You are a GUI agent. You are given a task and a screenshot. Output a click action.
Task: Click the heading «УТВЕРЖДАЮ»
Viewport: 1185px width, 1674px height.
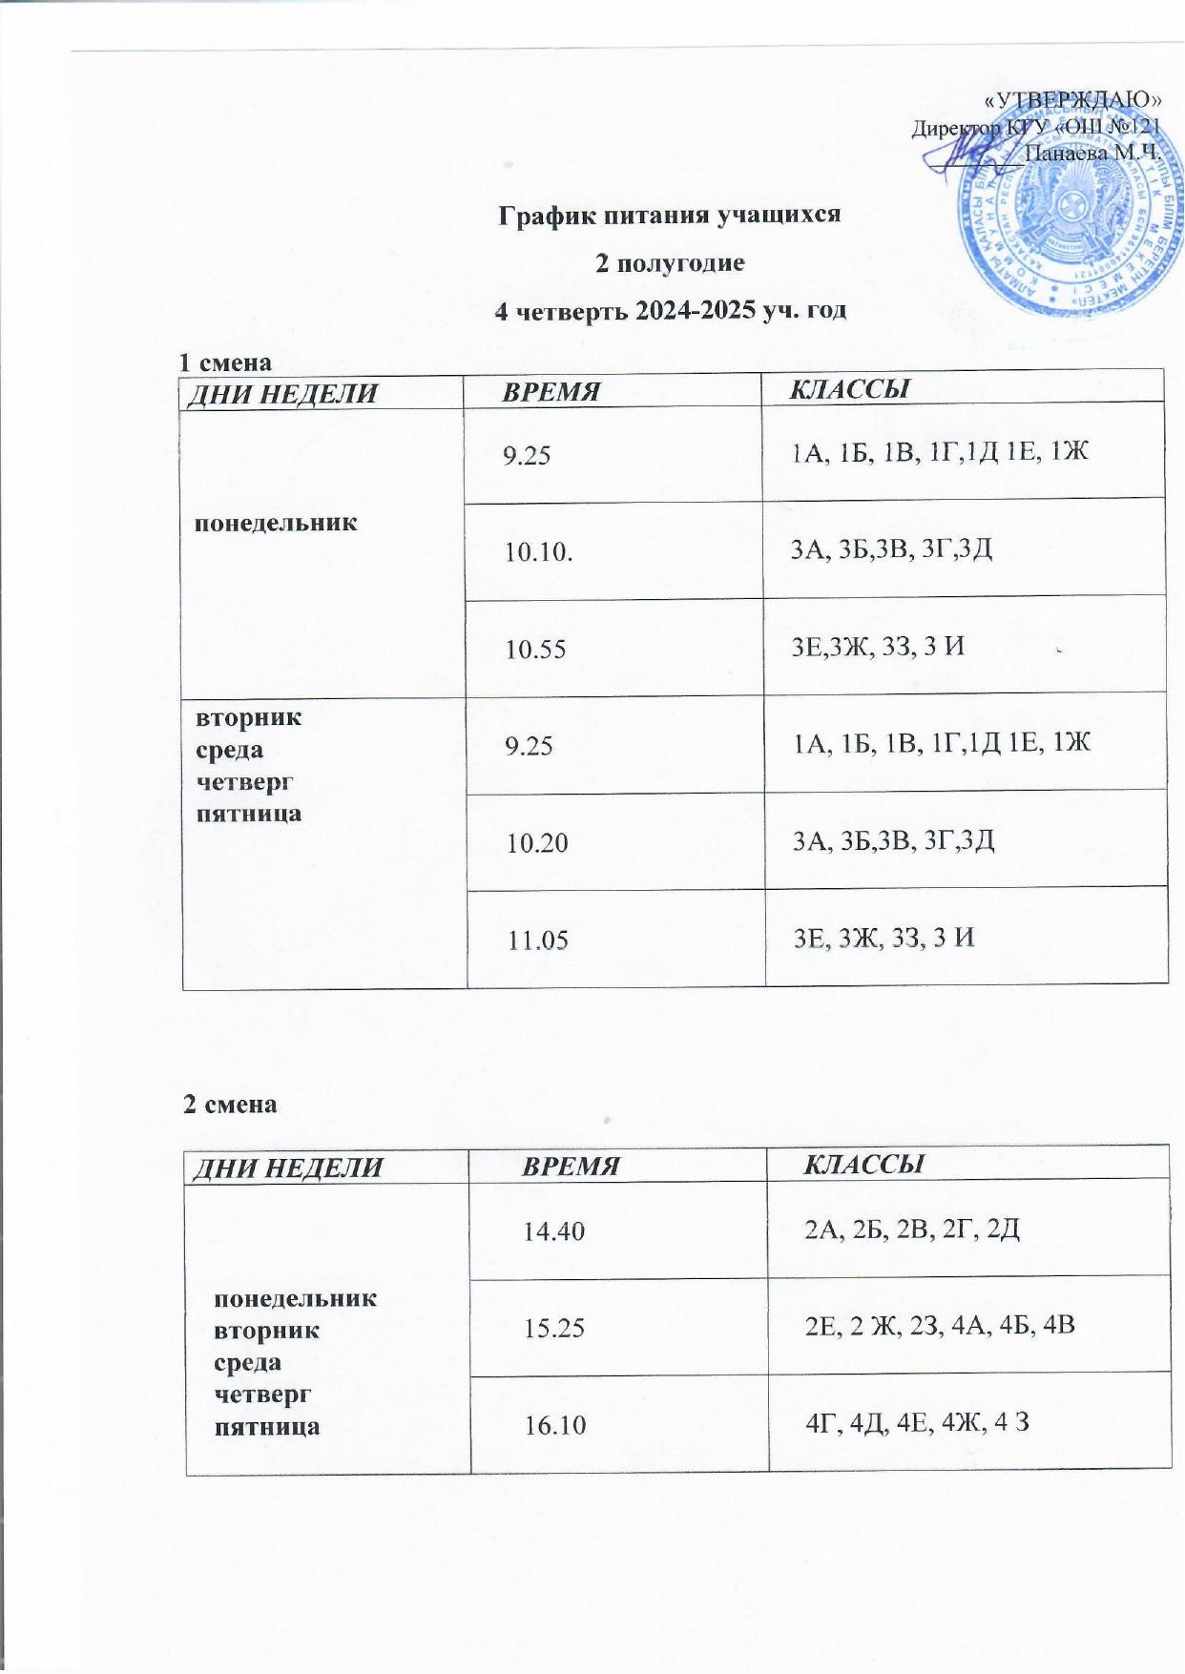[x=1072, y=100]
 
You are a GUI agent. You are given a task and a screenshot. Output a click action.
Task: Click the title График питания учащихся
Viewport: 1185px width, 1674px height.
[x=670, y=214]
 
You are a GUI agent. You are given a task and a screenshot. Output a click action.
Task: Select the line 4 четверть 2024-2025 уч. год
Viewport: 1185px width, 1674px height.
[x=670, y=310]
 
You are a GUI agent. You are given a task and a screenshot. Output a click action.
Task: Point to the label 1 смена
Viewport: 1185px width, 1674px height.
[x=226, y=362]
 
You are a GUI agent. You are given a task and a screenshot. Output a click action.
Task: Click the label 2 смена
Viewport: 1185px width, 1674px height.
[x=230, y=1104]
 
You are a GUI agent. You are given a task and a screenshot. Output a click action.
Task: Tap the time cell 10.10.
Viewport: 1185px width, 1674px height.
[x=539, y=551]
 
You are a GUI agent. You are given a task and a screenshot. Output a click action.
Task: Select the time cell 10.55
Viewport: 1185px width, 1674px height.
[x=535, y=650]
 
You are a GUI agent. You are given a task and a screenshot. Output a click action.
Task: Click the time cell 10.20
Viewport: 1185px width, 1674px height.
[x=537, y=842]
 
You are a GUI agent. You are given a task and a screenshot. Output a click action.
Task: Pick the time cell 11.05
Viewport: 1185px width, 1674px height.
[x=538, y=940]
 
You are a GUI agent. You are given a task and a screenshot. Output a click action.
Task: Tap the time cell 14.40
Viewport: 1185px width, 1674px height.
[x=553, y=1231]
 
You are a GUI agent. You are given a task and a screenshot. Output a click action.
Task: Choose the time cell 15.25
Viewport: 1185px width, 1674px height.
[x=554, y=1327]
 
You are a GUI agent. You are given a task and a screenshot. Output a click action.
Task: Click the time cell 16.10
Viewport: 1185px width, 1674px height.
[x=554, y=1425]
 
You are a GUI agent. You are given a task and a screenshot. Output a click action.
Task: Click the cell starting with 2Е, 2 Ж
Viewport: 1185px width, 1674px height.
[x=941, y=1324]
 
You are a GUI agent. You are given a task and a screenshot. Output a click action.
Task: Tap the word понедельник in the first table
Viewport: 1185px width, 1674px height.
[x=276, y=522]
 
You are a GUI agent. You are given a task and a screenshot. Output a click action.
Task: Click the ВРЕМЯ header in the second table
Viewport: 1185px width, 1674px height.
[x=571, y=1166]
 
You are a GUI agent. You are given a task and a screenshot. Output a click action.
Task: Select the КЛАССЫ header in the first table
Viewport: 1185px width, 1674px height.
[x=848, y=388]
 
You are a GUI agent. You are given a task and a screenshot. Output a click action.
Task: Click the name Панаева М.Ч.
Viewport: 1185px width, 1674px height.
[x=1091, y=151]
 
